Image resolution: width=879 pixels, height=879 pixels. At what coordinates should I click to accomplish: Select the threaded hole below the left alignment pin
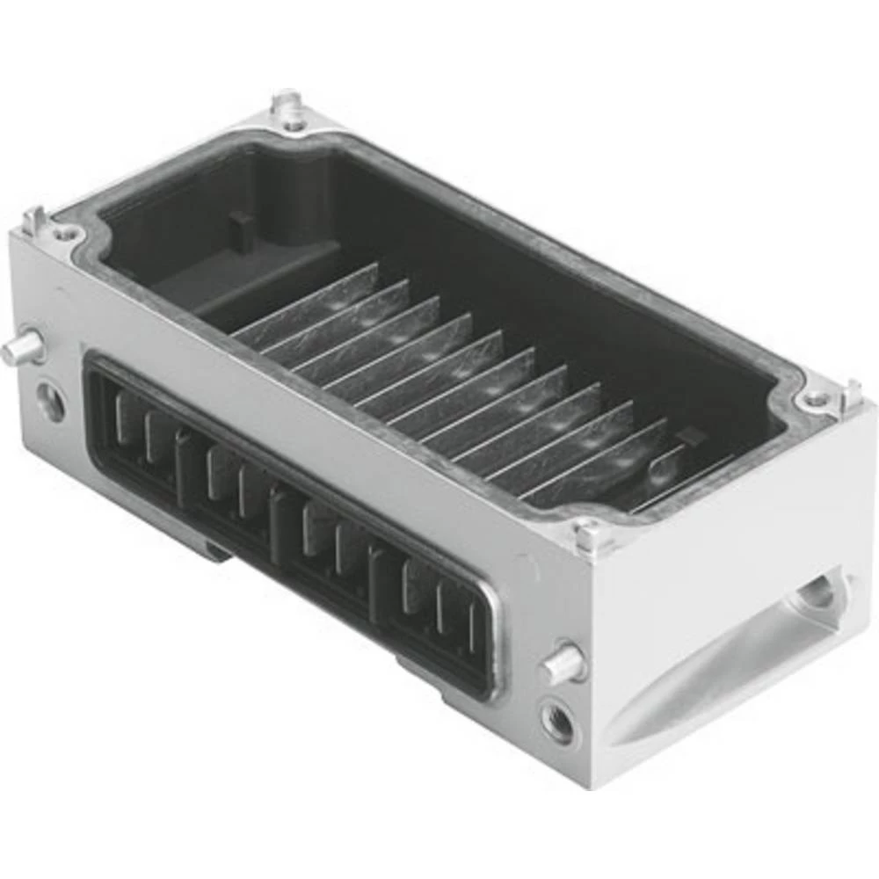click(50, 403)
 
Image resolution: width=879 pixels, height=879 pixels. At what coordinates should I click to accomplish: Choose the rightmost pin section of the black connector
click(439, 607)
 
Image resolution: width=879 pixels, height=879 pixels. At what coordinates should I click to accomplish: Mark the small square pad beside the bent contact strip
click(693, 435)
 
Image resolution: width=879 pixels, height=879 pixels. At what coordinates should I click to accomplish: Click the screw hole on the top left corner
click(63, 235)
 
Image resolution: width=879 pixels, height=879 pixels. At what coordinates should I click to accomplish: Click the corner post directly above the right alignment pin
click(587, 534)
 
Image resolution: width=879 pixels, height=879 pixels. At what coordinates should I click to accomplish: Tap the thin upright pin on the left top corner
click(33, 220)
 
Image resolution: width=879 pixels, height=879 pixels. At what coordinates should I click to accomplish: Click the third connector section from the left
click(330, 541)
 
